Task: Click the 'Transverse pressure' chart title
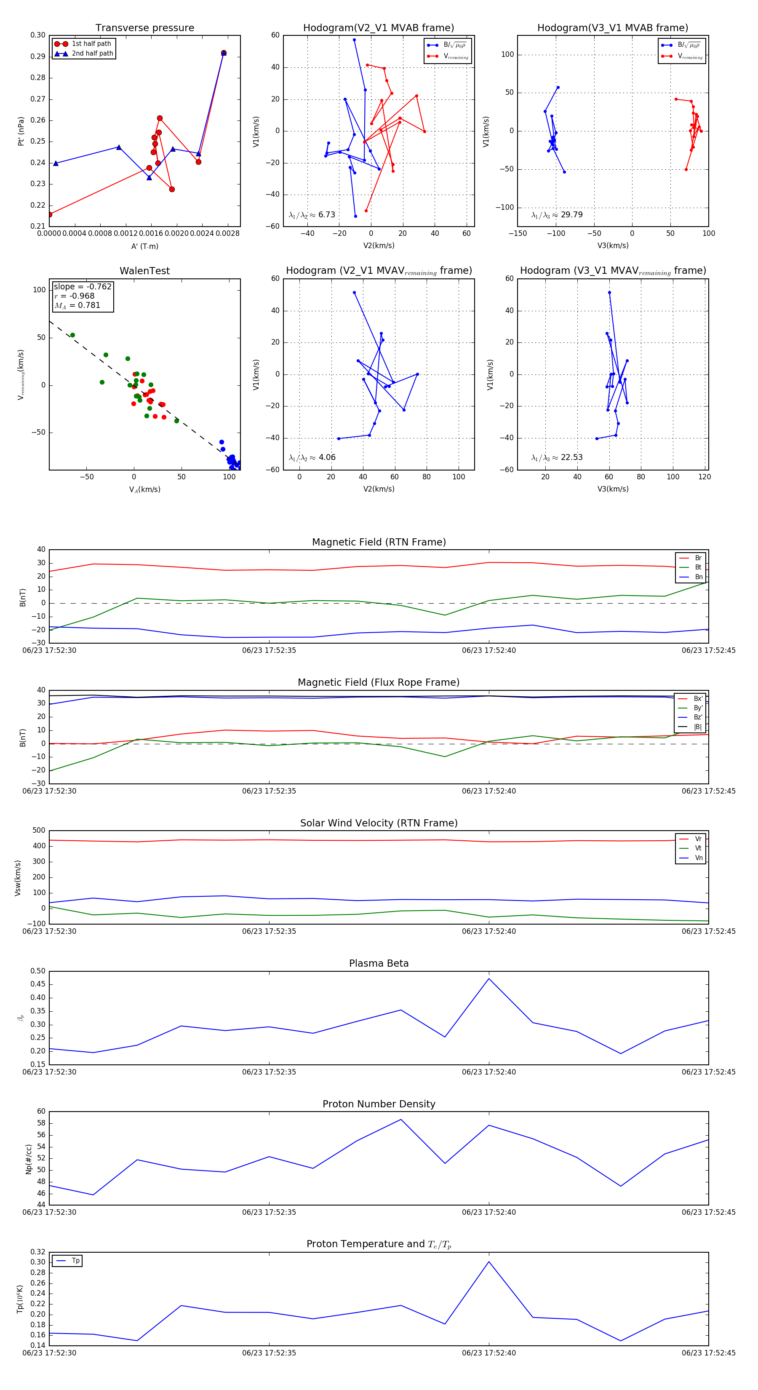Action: coord(144,28)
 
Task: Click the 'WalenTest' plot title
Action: coord(144,271)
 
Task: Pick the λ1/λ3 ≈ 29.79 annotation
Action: coord(557,215)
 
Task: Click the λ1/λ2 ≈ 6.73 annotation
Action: coord(312,215)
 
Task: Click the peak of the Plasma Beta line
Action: coord(489,979)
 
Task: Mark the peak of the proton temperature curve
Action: coord(489,1262)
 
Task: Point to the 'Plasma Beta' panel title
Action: coord(379,964)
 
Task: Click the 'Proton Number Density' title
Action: coord(379,1104)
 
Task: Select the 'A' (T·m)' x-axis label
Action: coord(144,246)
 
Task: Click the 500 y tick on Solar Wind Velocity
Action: coord(39,831)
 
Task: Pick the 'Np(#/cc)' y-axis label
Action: coord(29,1159)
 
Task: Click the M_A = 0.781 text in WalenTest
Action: coord(77,305)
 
